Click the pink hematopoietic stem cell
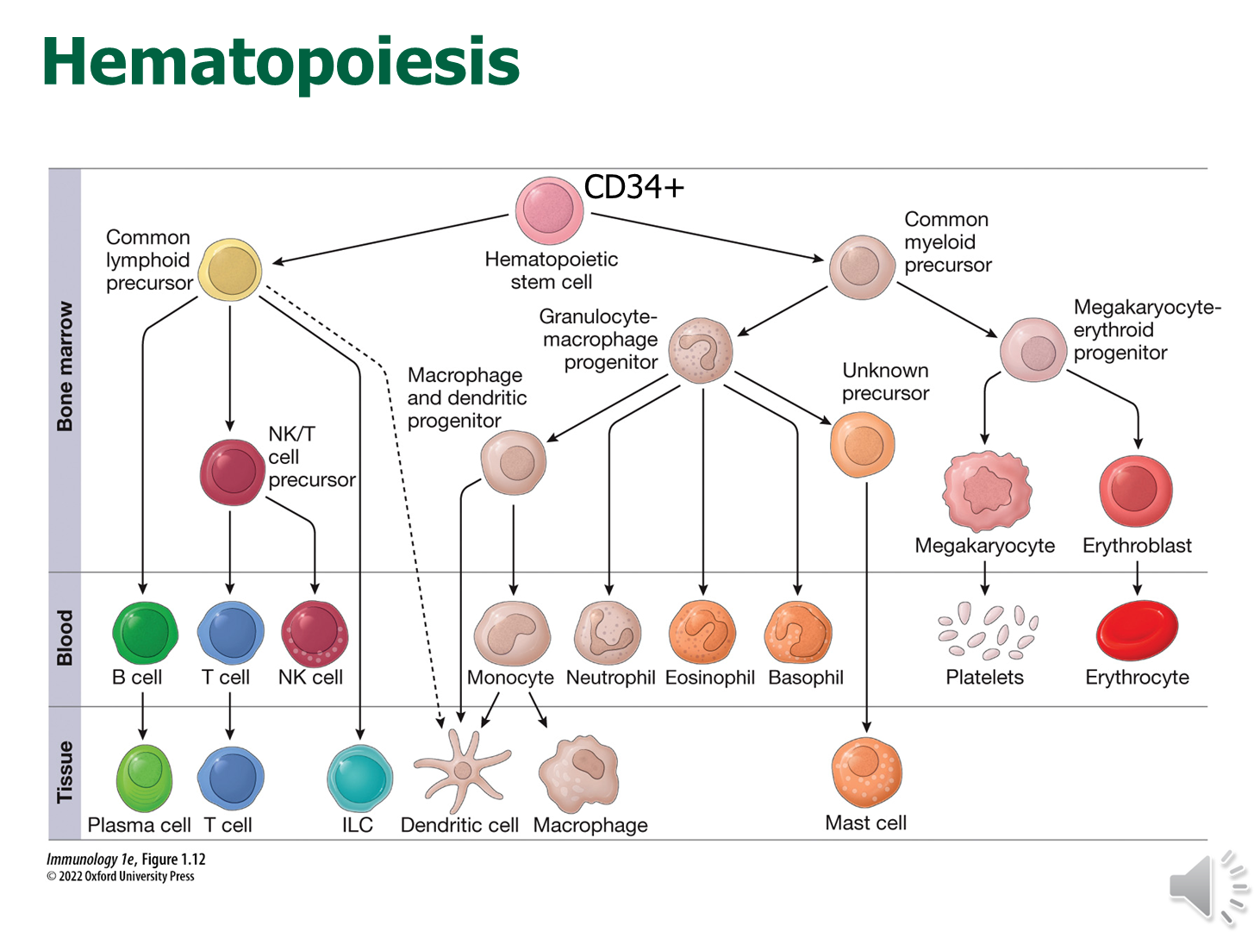tap(549, 210)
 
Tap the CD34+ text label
tap(633, 186)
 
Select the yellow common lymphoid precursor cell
tap(230, 270)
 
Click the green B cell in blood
tap(145, 633)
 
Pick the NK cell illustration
tap(315, 634)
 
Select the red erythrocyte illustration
tap(1137, 631)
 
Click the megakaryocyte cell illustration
tap(986, 491)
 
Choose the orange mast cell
tap(866, 772)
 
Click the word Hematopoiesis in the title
tap(280, 62)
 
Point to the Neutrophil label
tap(610, 678)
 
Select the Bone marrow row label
tap(65, 366)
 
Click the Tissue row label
tap(65, 772)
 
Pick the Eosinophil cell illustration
tap(702, 634)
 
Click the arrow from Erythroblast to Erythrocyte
tap(1137, 578)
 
